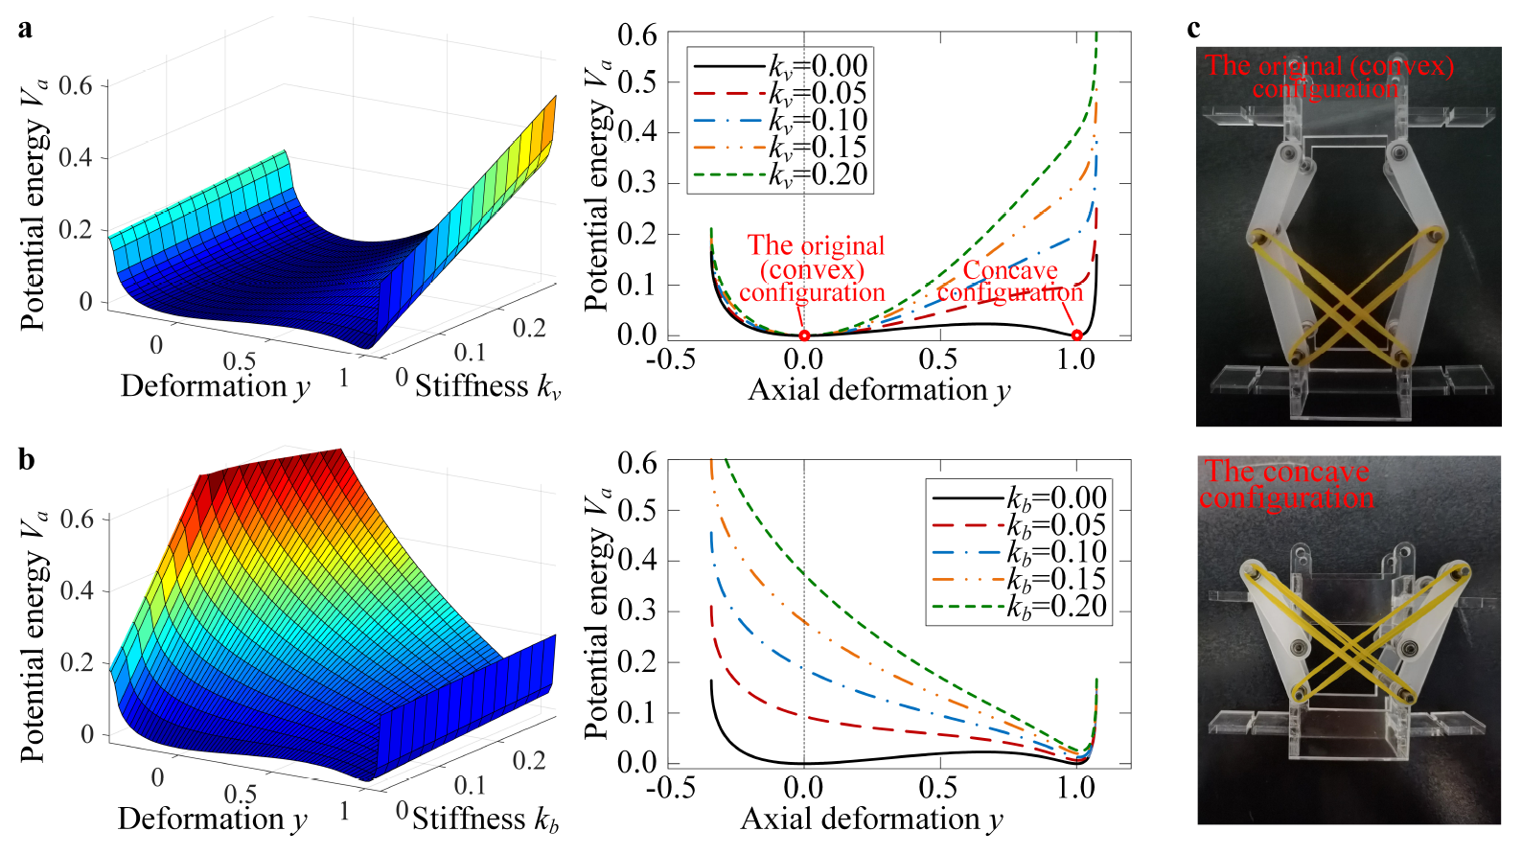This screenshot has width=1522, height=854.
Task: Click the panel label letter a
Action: (25, 29)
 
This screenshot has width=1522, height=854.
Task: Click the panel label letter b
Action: (26, 461)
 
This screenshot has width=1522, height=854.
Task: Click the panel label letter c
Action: (1193, 29)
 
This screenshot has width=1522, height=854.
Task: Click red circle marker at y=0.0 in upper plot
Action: (804, 335)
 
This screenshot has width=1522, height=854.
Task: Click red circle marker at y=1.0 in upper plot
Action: (1077, 335)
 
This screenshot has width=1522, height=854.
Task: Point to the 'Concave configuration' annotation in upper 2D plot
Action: (1010, 282)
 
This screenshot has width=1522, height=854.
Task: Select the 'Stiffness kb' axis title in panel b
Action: (485, 819)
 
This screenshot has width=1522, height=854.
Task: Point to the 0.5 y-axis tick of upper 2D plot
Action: (636, 82)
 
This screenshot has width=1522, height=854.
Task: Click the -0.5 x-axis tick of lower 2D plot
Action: (670, 788)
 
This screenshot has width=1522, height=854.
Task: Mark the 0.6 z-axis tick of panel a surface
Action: (76, 86)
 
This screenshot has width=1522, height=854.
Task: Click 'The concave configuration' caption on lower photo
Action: (1286, 485)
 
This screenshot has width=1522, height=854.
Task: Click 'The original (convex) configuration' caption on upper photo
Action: (1328, 78)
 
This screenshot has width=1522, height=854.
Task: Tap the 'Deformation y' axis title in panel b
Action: (213, 819)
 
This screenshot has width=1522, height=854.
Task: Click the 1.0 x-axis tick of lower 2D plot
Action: (1075, 788)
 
